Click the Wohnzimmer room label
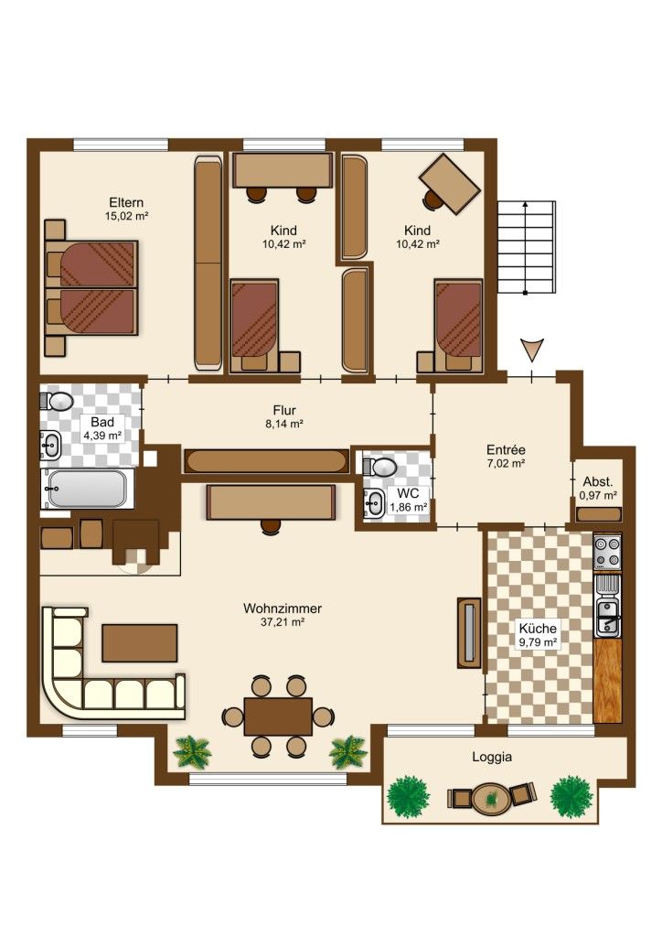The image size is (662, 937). click(x=283, y=609)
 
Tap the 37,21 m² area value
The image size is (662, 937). click(x=283, y=622)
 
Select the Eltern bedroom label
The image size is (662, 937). click(x=126, y=202)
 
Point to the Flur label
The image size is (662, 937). click(x=284, y=410)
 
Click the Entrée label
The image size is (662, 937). click(x=506, y=449)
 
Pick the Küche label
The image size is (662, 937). click(x=538, y=628)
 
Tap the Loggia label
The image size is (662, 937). click(x=492, y=757)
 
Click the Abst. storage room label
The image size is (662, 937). click(x=597, y=481)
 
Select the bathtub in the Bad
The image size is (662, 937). click(x=87, y=489)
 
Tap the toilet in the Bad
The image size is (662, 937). click(x=57, y=401)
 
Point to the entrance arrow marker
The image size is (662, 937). click(x=531, y=349)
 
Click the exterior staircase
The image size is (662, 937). click(x=527, y=247)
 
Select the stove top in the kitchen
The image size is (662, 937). click(x=607, y=552)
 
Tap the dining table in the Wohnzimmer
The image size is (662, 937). click(x=278, y=716)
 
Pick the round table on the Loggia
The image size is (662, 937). click(x=491, y=798)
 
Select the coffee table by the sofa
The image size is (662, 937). click(x=140, y=643)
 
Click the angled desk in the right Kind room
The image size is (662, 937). click(x=450, y=183)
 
